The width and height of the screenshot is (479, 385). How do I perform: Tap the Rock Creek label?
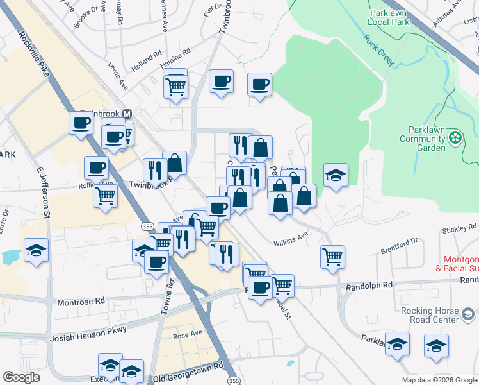tap(380, 49)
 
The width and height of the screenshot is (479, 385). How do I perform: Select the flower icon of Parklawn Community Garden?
tap(455, 137)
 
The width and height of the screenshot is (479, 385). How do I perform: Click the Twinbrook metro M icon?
tap(127, 114)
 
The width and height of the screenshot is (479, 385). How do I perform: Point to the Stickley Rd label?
tap(459, 228)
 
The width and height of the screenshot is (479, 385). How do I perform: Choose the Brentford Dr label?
tap(398, 242)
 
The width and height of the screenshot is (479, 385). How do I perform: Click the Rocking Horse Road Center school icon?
tap(469, 314)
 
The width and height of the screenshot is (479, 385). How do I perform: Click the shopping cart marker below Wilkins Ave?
tap(332, 257)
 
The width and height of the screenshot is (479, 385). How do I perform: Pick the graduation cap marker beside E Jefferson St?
tap(36, 250)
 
